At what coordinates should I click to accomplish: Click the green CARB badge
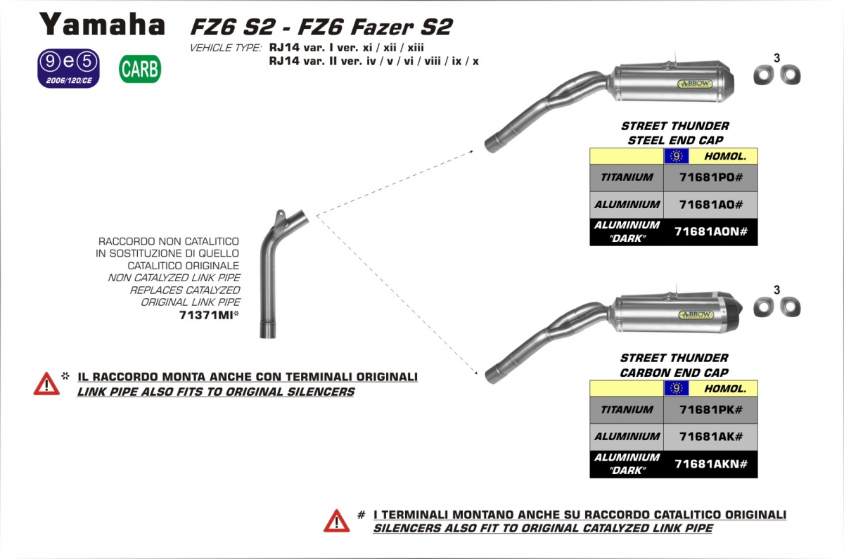pos(140,69)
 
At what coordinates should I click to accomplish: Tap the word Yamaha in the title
pos(102,25)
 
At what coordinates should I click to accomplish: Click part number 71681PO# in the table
pos(710,177)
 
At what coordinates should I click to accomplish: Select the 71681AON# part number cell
pos(710,231)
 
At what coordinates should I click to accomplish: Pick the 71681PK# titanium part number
pos(710,409)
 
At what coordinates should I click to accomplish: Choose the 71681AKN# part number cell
pos(710,463)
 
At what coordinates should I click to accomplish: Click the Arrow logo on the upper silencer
pos(695,84)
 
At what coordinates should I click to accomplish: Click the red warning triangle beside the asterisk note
pos(46,384)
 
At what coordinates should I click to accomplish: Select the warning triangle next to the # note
pos(336,521)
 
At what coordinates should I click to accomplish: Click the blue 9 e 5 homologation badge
pos(69,69)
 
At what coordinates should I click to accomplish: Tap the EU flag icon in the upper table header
pos(677,156)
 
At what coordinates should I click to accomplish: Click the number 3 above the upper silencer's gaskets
pos(776,58)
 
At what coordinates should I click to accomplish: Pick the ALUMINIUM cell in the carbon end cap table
pos(627,437)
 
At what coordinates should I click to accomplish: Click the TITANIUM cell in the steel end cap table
pos(627,177)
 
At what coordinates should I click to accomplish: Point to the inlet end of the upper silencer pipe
pos(490,146)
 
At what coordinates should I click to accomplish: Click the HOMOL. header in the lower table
pos(725,389)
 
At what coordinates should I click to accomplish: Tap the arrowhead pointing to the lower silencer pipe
pos(476,373)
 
